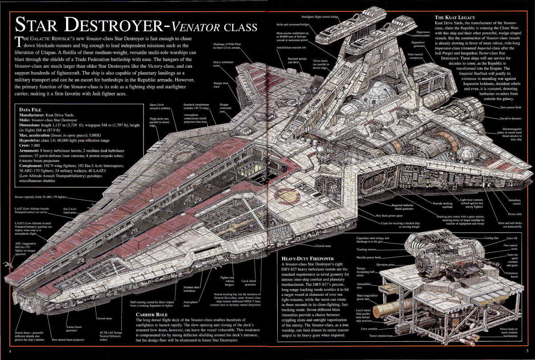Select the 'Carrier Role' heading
pyautogui.click(x=152, y=314)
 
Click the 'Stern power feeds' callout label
pyautogui.click(x=510, y=108)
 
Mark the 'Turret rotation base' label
pyautogui.click(x=383, y=335)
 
